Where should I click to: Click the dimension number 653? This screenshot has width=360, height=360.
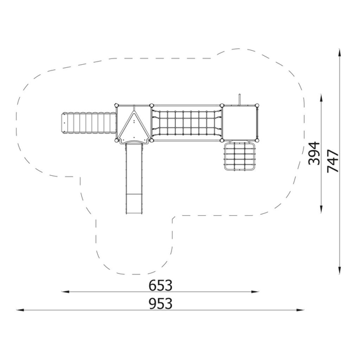tap(160, 285)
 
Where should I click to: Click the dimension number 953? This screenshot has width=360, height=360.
tap(160, 303)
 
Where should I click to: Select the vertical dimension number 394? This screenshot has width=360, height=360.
tap(314, 154)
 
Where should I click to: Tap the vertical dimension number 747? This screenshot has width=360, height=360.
tap(333, 161)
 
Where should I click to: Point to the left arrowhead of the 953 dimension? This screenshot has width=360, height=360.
tap(20, 310)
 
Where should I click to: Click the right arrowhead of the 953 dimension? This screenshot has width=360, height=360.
tap(300, 310)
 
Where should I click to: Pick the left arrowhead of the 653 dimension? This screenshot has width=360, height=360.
tap(65, 292)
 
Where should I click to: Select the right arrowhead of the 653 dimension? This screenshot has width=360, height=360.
tap(255, 292)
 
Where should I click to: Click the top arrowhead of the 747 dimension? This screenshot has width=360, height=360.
tap(340, 53)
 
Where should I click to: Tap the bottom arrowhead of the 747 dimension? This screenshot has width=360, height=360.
tap(340, 270)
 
